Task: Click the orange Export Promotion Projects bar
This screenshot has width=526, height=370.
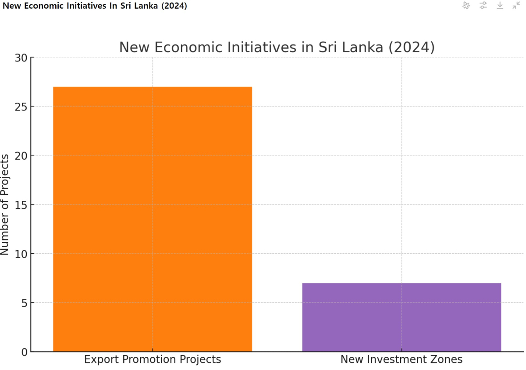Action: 153,219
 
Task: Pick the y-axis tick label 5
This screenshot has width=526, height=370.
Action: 25,303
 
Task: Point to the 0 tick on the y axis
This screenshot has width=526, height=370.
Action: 25,352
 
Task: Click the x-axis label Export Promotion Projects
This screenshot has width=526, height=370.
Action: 153,360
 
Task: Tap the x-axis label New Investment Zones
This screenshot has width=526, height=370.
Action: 402,360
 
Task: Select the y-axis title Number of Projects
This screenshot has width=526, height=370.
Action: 5,205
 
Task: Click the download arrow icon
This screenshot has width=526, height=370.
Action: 500,5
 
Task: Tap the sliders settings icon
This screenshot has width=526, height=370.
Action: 483,5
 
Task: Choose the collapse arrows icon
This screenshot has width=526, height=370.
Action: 516,5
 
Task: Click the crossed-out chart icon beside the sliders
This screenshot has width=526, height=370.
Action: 466,5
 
